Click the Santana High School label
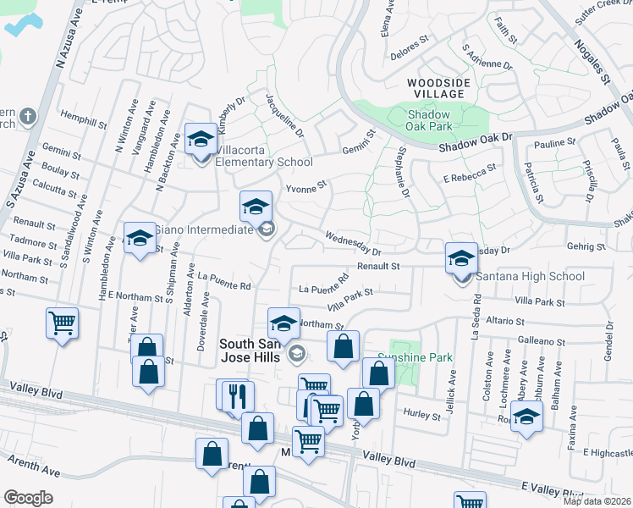pyautogui.click(x=530, y=276)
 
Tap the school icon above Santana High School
pyautogui.click(x=461, y=257)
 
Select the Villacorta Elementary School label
pyautogui.click(x=264, y=162)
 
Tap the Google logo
pyautogui.click(x=29, y=497)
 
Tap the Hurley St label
pyautogui.click(x=423, y=416)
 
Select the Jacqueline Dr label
pyautogui.click(x=284, y=115)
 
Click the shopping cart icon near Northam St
pyautogui.click(x=63, y=322)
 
